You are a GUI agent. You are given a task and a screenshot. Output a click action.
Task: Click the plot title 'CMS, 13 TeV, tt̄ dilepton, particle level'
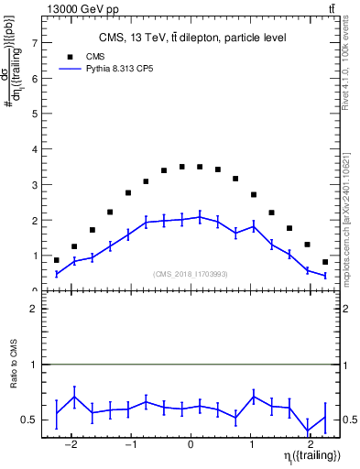point(191,38)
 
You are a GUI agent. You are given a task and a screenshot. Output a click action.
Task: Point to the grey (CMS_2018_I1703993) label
point(191,274)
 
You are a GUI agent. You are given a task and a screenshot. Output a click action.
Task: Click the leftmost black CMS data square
point(57,260)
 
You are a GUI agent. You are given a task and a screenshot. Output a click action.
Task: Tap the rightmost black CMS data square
point(325,263)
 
